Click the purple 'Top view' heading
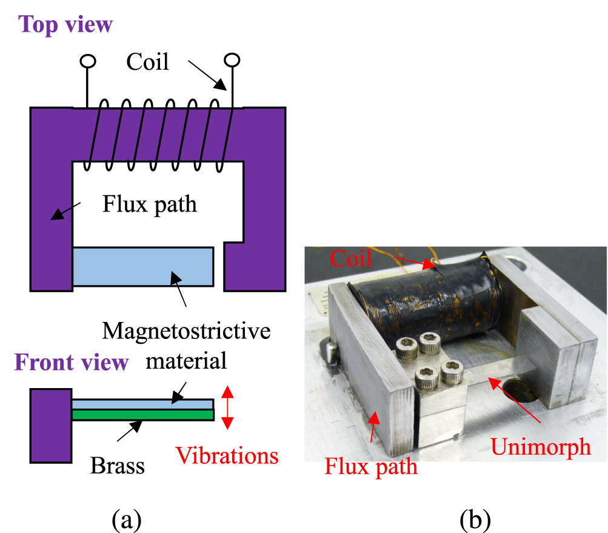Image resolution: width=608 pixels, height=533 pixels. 65,25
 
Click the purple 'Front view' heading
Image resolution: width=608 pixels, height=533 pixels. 72,363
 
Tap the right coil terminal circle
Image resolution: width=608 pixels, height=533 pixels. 232,59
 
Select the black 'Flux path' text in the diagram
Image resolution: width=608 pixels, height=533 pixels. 150,204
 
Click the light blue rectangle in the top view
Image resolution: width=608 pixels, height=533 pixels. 142,266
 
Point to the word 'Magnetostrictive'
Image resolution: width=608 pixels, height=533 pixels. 185,331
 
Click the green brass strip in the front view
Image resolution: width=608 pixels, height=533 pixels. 142,415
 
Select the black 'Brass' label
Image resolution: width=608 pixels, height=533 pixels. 118,466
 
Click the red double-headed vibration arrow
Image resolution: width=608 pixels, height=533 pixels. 227,407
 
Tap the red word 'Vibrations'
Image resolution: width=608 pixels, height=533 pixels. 227,455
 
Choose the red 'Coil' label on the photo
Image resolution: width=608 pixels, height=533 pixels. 351,260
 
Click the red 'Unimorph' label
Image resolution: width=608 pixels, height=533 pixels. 541,446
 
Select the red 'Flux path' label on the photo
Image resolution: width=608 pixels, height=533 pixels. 371,467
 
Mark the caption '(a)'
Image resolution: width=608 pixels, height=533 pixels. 127,519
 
